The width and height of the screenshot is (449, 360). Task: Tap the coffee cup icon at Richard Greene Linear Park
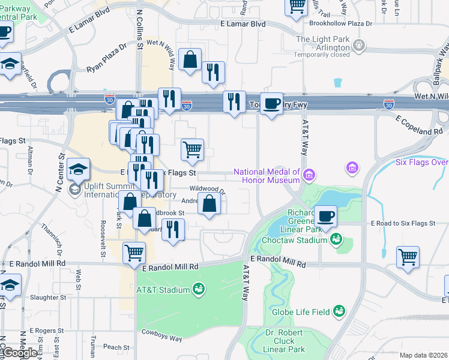point(325,217)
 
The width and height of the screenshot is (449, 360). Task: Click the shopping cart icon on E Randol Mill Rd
point(134,253)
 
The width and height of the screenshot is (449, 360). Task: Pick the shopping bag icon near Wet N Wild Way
point(190,61)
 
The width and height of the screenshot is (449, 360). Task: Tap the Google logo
point(19,353)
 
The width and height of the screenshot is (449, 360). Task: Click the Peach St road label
point(116,347)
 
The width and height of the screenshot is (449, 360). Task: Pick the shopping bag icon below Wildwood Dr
point(209,205)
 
